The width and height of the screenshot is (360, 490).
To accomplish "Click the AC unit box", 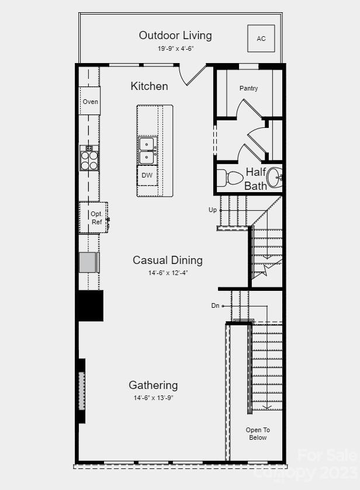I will pos(261,39).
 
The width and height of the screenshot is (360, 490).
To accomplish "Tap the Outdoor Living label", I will pos(175,36).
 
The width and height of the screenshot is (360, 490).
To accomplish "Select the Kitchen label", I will pos(149,86).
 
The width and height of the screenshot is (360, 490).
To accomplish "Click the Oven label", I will pos(90,102).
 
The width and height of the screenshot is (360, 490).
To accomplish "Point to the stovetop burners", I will pos(89,158).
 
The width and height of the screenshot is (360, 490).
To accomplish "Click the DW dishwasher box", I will pos(147,175).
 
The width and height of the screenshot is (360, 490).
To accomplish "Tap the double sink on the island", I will pos(147,150).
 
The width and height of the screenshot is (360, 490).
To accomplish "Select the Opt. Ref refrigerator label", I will pos(96,218).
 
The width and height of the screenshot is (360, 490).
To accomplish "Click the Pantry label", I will pos(248,88).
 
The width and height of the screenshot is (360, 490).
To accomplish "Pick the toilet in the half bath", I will pos(231,177).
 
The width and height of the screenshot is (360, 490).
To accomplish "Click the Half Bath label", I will pos(256,179).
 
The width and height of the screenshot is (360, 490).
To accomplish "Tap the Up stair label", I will pos(213,210).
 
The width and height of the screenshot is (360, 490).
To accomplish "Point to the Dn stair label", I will pos(215,305).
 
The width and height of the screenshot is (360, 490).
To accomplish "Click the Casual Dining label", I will pos(168,260).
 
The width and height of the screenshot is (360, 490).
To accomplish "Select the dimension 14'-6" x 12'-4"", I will pos(168,273).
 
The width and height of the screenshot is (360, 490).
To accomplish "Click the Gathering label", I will pos(153,385).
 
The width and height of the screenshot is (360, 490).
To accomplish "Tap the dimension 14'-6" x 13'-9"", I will pos(153,398).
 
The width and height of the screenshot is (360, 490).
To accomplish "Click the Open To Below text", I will pos(257,433).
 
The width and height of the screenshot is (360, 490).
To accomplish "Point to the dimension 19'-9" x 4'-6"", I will pos(175,48).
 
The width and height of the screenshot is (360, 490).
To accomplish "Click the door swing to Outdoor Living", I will pos(193,75).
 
